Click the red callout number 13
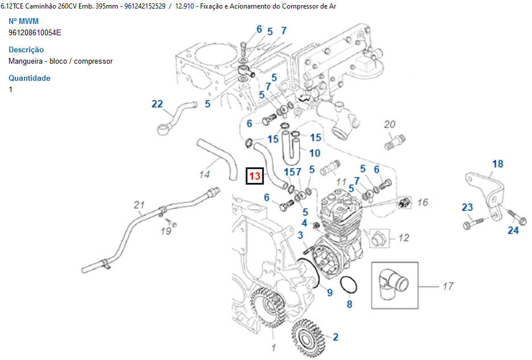tap(254, 176)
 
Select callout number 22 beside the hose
tap(157, 104)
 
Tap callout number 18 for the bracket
tap(497, 164)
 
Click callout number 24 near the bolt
tap(513, 230)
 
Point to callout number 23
tap(467, 208)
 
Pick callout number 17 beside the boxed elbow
tap(448, 287)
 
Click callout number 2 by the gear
tap(335, 337)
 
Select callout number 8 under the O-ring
tap(350, 304)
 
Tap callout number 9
tap(329, 292)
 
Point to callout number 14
tap(205, 175)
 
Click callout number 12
tap(404, 238)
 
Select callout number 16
tap(422, 202)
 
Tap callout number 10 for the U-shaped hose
tap(314, 153)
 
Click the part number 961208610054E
tap(35, 32)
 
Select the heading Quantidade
tap(30, 78)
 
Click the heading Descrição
tap(26, 49)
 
